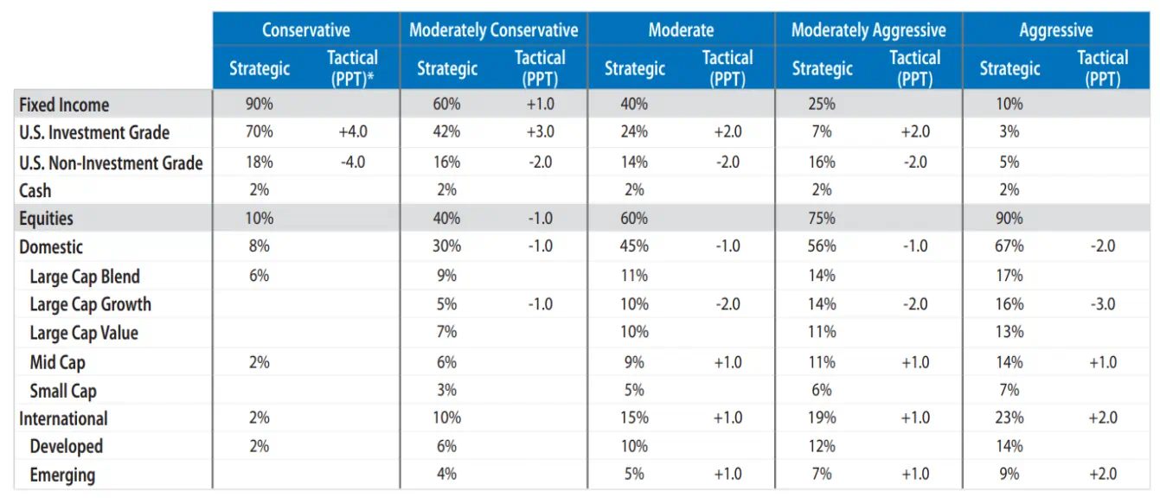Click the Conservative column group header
305,30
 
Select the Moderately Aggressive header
868,30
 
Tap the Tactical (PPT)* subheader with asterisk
352,68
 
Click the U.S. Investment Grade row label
94,133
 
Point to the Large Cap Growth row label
90,304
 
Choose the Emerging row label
62,475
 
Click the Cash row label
35,191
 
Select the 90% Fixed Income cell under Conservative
259,105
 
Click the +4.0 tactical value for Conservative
353,133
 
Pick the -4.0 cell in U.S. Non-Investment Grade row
353,162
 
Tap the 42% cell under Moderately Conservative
446,133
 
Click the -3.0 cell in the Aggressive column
1102,304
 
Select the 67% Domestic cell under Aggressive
1009,246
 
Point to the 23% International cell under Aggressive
1009,418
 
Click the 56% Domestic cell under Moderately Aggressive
822,246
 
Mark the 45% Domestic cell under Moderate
634,246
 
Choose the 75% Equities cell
822,219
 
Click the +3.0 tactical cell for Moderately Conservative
540,133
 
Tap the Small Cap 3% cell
446,390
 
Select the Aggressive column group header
1055,30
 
